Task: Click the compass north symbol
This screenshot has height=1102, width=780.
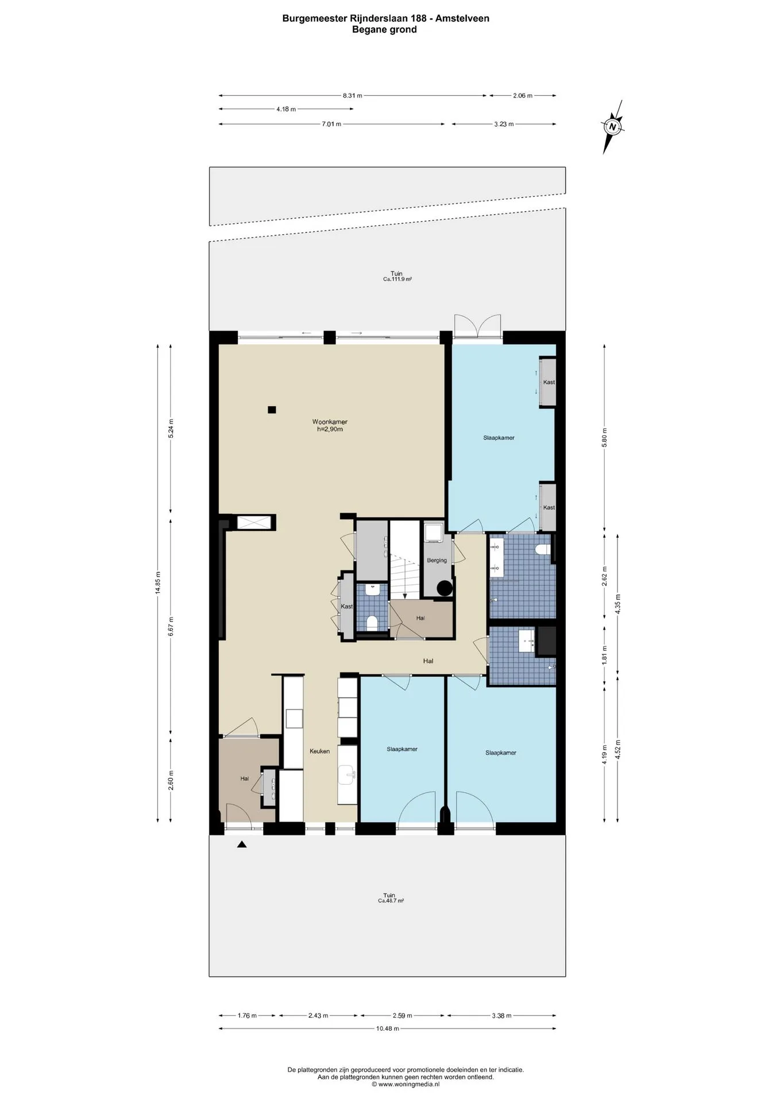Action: point(613,127)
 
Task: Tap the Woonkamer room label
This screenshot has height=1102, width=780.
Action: point(330,422)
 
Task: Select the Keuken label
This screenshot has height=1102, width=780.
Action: point(319,751)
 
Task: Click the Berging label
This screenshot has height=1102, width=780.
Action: point(437,560)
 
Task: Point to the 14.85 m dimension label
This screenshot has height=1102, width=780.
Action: point(158,583)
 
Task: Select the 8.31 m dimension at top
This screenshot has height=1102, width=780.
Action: point(349,96)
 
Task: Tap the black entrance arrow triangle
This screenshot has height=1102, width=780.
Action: point(242,844)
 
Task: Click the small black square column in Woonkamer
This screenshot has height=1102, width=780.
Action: point(272,410)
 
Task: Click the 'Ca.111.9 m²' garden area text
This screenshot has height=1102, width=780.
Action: point(397,280)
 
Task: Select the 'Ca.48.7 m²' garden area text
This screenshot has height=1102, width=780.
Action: point(390,901)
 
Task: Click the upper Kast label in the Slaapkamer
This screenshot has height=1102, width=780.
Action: point(549,382)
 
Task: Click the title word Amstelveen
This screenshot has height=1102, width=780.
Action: point(462,18)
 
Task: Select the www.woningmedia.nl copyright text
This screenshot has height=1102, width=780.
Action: point(405,1084)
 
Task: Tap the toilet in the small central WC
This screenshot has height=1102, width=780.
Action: point(371,623)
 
